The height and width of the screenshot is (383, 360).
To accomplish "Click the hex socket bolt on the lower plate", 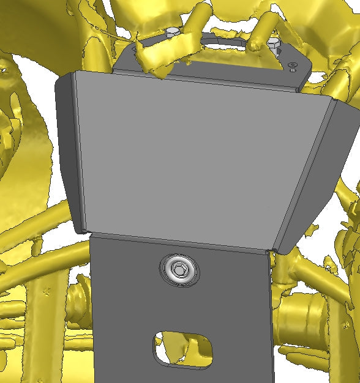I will click(x=179, y=270).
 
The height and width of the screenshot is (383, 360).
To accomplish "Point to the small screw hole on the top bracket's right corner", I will click(x=293, y=65).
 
